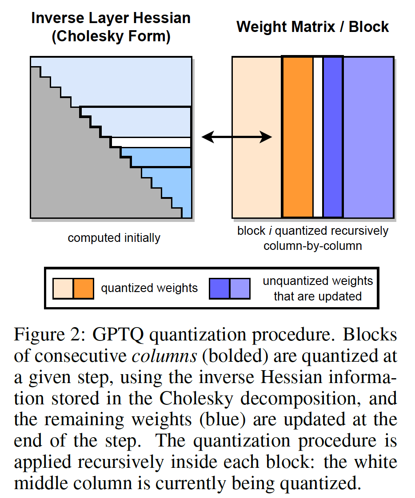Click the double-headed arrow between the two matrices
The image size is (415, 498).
click(236, 138)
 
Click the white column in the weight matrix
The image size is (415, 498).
click(318, 137)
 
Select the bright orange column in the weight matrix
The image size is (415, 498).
click(298, 137)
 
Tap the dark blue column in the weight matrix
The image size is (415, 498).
click(333, 137)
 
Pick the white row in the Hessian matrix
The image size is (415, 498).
click(151, 142)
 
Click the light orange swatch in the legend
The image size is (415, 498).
click(63, 289)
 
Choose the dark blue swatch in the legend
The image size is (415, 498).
click(219, 289)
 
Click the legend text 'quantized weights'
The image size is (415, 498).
click(149, 289)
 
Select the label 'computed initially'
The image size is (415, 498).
click(114, 238)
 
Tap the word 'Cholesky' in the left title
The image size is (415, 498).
click(92, 36)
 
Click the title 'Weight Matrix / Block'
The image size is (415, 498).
click(313, 27)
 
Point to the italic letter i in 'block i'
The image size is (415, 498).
click(270, 231)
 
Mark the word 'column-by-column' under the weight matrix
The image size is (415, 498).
click(312, 245)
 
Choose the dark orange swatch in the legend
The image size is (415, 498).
click(84, 289)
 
